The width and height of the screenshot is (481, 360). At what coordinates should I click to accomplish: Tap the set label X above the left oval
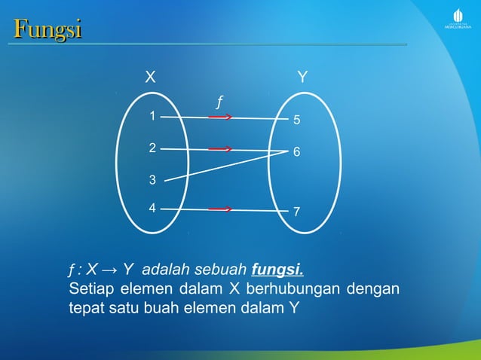(151, 77)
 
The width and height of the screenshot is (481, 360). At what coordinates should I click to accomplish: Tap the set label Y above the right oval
(302, 77)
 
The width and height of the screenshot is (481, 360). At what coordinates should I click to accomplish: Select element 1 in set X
(152, 117)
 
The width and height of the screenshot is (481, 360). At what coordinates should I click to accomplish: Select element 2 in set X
(152, 148)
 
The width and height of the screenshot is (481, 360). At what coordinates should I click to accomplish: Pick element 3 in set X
(152, 180)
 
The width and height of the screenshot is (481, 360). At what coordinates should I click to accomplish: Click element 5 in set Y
(297, 121)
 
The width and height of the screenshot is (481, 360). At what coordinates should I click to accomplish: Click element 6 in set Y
(297, 152)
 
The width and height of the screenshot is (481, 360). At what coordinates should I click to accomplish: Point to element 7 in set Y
(297, 212)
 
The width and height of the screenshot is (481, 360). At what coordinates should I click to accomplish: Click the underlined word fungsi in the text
(278, 269)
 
